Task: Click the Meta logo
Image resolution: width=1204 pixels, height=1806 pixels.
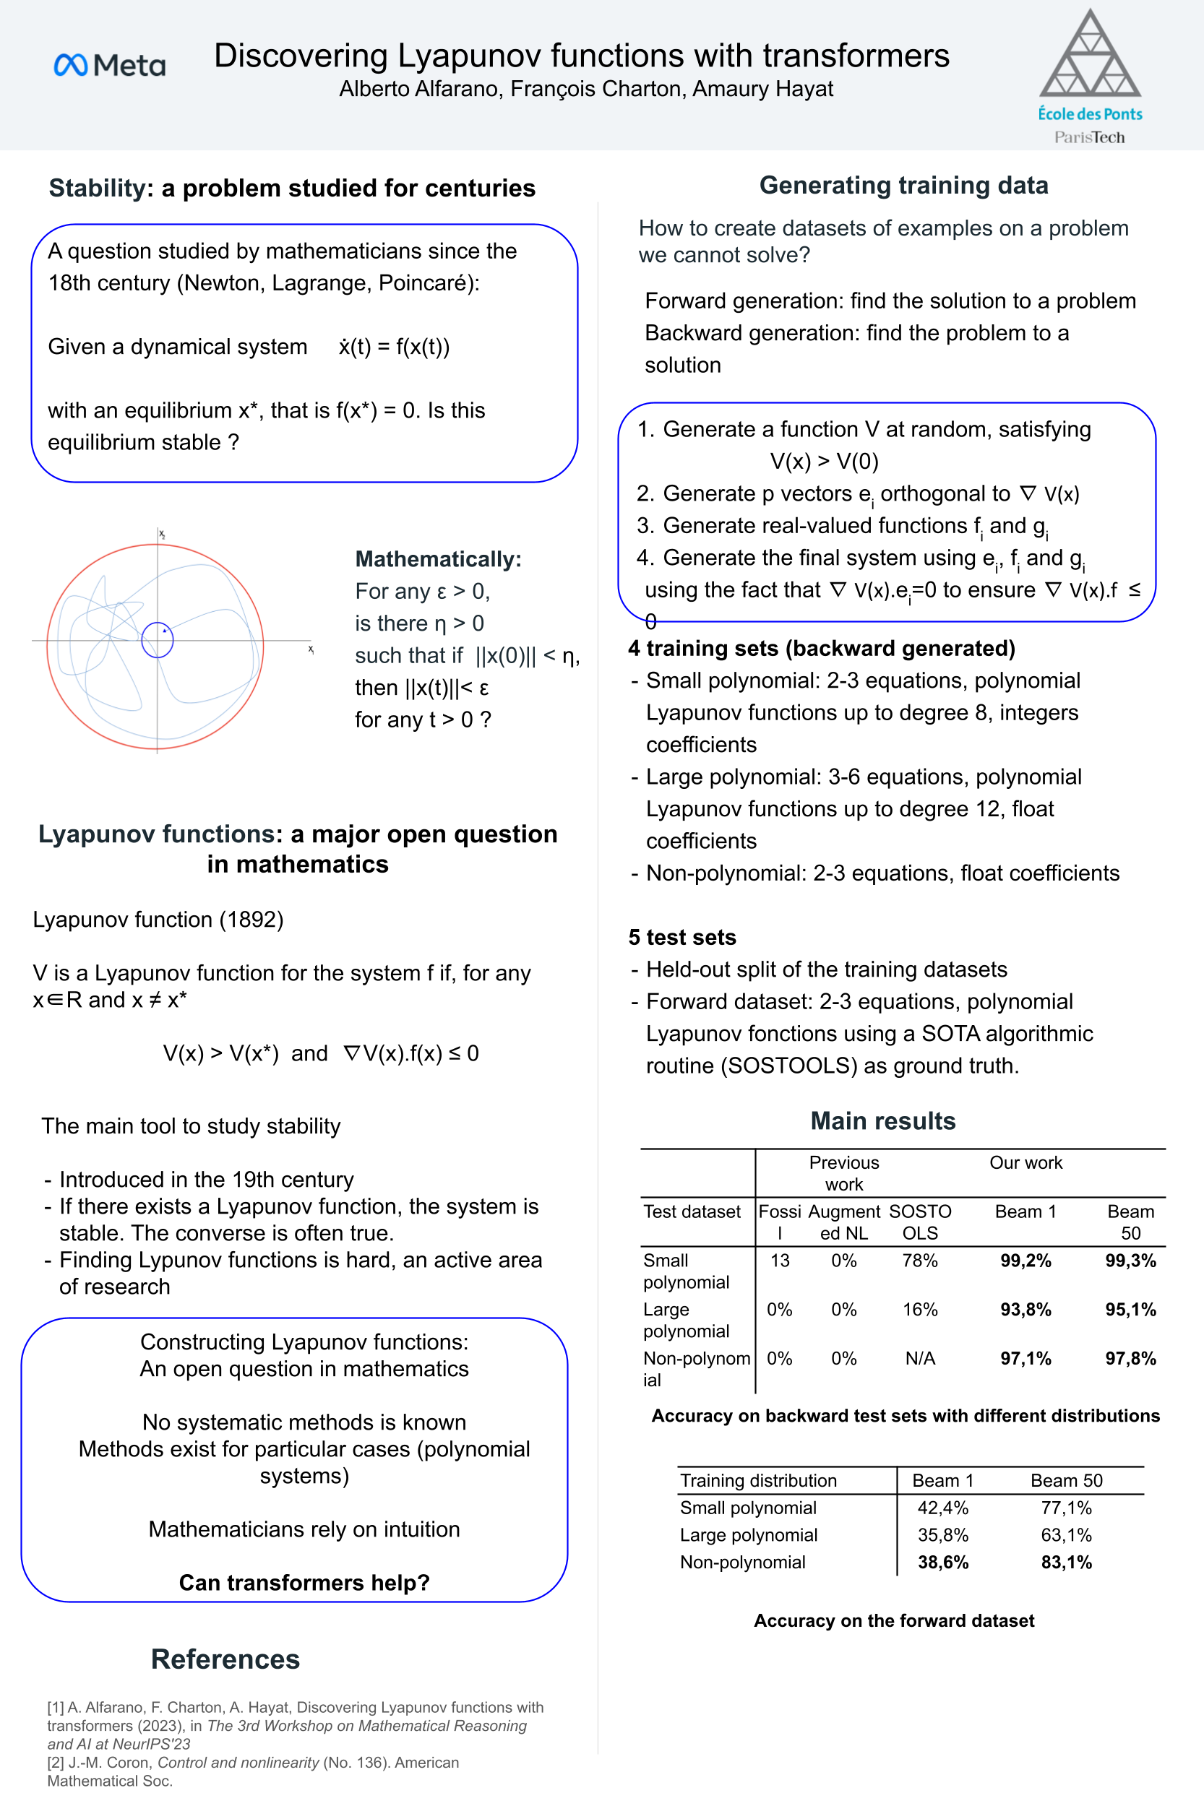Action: click(110, 65)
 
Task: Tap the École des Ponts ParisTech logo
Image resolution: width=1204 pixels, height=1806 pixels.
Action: click(1090, 77)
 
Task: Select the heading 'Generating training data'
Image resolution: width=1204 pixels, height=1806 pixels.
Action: click(903, 185)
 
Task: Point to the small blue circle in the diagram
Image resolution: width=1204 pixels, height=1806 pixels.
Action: click(158, 639)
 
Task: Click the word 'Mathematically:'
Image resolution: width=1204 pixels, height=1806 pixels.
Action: click(438, 558)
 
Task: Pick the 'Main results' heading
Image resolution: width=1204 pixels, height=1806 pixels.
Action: click(883, 1120)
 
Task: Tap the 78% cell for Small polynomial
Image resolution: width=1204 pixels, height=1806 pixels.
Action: click(920, 1261)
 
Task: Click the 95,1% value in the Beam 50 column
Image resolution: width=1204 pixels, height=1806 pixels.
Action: click(1130, 1310)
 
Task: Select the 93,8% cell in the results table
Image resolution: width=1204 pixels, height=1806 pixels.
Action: click(1025, 1310)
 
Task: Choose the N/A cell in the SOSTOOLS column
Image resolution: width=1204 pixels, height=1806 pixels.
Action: click(920, 1359)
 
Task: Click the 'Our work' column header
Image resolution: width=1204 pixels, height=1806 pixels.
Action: click(1025, 1163)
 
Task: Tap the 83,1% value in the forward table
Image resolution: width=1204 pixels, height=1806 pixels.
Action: click(1066, 1562)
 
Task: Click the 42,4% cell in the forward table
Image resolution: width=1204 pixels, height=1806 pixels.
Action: click(943, 1508)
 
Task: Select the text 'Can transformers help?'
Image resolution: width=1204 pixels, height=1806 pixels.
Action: click(304, 1583)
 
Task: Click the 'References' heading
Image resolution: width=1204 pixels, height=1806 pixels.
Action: click(225, 1659)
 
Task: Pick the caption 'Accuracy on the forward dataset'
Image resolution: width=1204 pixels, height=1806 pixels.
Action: click(894, 1620)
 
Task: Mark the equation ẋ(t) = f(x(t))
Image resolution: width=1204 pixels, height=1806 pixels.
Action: click(394, 346)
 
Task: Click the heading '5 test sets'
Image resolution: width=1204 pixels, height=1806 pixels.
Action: click(682, 937)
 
